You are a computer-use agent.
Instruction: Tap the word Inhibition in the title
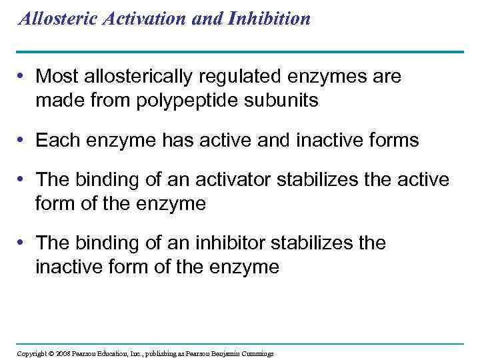point(270,18)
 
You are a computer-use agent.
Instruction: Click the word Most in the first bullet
point(54,77)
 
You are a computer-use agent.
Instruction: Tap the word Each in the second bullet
point(54,141)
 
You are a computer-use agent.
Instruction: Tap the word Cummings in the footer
point(259,353)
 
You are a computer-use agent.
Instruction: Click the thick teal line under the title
point(240,51)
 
